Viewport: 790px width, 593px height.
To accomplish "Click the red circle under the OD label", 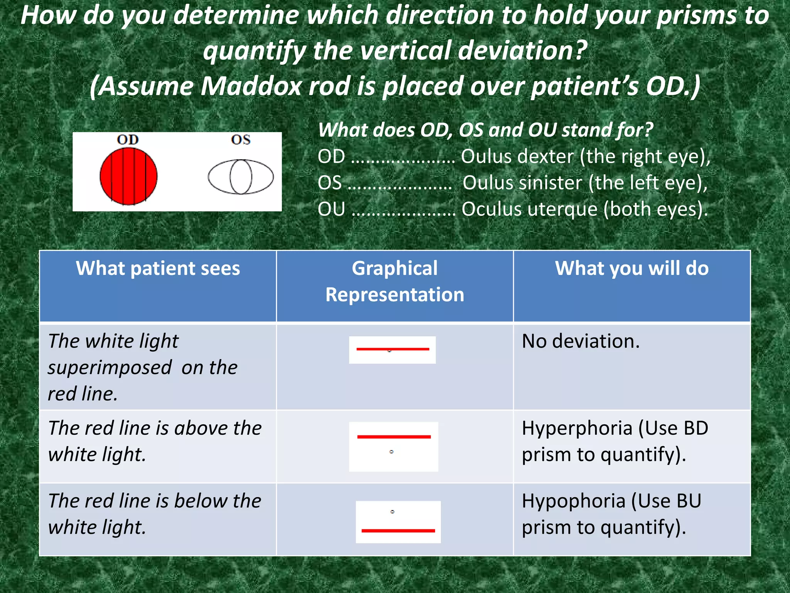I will (128, 176).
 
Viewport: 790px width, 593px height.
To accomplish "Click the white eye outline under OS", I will (241, 177).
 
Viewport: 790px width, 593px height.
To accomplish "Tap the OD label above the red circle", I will (128, 140).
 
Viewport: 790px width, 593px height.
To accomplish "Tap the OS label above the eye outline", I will (241, 140).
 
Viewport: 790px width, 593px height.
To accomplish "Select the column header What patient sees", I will (158, 268).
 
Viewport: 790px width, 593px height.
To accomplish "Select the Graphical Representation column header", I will (395, 281).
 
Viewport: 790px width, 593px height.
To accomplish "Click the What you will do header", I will (631, 268).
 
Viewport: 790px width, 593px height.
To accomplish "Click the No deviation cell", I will (581, 341).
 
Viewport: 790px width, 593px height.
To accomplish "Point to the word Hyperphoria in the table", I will (577, 428).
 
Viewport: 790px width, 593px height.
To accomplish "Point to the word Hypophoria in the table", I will (573, 501).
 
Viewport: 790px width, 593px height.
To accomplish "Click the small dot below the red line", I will (392, 451).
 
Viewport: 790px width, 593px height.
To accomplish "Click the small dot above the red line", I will (392, 512).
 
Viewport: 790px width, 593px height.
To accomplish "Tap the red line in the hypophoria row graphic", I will (398, 530).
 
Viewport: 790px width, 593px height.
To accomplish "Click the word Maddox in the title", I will (251, 86).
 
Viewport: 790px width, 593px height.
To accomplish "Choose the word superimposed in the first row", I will (110, 368).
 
